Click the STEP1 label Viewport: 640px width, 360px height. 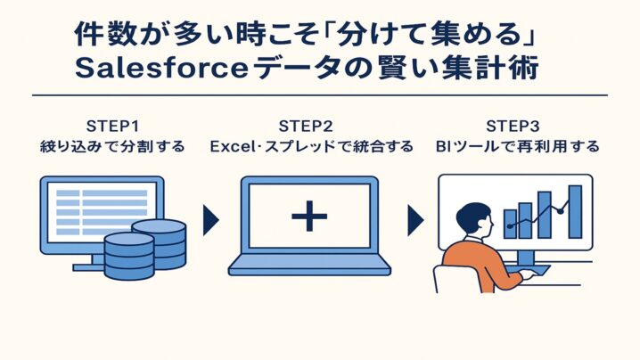pos(112,125)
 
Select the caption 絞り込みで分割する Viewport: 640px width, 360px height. pos(112,146)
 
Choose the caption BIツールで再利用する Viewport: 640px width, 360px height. pos(518,146)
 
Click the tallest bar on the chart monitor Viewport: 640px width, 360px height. pos(575,212)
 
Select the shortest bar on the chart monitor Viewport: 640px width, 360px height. pos(510,223)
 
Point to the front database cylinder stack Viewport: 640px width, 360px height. pos(128,254)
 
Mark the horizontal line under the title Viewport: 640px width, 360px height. pos(319,95)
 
